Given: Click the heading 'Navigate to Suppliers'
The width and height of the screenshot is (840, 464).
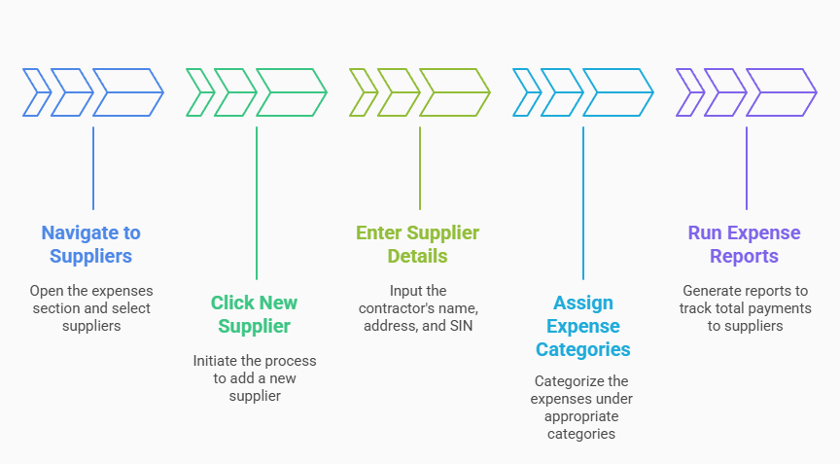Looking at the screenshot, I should tap(90, 244).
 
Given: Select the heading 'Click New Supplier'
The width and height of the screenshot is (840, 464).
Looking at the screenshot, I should tap(255, 313).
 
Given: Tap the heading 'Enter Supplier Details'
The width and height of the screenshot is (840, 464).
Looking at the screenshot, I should tap(417, 244).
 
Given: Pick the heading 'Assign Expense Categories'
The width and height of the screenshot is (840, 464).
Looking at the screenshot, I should tap(582, 326).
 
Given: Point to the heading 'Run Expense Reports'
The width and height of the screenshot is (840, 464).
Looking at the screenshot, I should tap(744, 244).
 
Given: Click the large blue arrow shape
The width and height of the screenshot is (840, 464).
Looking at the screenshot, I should tap(127, 93).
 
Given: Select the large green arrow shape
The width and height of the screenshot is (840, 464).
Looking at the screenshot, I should tap(291, 93).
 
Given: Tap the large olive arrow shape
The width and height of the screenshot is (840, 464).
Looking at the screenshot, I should tap(454, 93).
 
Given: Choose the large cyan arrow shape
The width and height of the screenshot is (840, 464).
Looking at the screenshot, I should tap(617, 93).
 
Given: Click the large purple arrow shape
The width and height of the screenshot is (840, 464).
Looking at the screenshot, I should tap(781, 93).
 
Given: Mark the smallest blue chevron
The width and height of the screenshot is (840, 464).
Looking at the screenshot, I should tap(36, 93).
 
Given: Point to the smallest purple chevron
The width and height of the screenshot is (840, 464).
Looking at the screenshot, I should tap(689, 93).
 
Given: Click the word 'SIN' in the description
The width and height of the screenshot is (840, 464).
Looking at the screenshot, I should tap(459, 326).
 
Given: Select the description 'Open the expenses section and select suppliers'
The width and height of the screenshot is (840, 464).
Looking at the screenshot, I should tap(90, 307).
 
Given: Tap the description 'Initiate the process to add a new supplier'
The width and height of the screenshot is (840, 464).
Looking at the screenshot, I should tap(255, 377).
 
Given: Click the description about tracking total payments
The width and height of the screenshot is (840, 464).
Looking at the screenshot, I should tap(744, 307).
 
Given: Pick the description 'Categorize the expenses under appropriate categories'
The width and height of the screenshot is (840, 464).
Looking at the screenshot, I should tap(582, 408).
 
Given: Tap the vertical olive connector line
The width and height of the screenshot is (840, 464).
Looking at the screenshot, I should tap(420, 167).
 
